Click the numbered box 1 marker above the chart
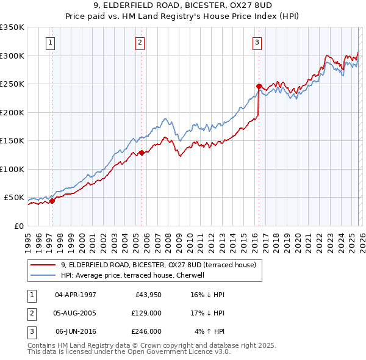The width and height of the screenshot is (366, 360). [x=49, y=42]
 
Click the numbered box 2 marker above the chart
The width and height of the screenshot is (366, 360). [x=140, y=42]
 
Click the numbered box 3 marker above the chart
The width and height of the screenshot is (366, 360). [x=257, y=42]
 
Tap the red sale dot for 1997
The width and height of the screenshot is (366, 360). [x=52, y=200]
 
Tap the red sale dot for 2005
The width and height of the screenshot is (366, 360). [x=142, y=153]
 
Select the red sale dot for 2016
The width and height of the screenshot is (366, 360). [x=259, y=87]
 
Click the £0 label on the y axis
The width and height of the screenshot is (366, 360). [x=19, y=226]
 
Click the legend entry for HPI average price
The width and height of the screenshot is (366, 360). [x=135, y=275]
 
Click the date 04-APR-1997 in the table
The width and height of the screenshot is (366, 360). [x=76, y=295]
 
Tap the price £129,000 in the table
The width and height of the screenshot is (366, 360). [x=147, y=313]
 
